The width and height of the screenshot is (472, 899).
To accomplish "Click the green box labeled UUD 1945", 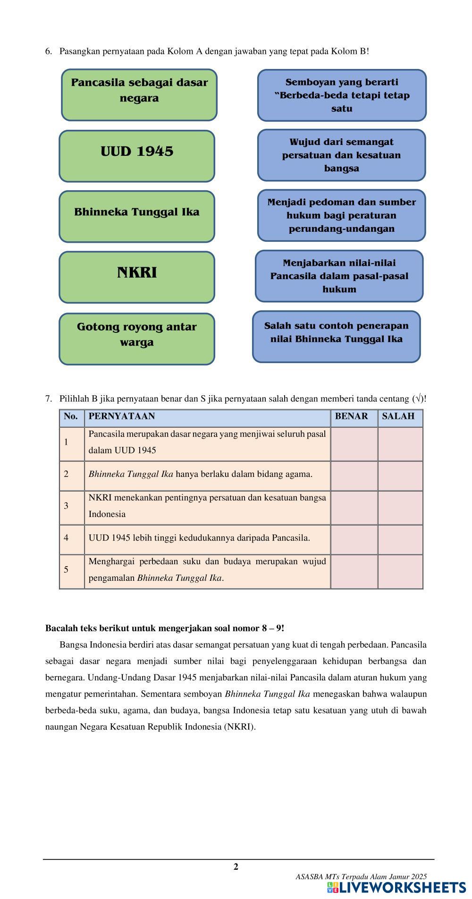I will coord(137,156).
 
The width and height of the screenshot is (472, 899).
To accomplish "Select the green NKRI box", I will coord(137,277).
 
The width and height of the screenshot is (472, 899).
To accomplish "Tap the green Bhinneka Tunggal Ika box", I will coord(137,216).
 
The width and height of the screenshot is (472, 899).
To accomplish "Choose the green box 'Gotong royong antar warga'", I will coord(137,339).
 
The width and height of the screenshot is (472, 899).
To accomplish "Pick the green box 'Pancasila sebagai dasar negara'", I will coord(139,94).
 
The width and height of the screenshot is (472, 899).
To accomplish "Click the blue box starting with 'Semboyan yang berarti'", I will coord(342,95).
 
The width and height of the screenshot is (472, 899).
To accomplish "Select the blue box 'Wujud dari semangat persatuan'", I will coord(341,155).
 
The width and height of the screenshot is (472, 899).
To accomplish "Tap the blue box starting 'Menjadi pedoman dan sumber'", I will coord(341,215).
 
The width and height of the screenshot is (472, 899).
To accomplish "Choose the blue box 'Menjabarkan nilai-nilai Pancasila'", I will coord(339,276).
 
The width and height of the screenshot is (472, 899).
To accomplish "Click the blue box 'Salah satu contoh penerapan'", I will coord(336,336).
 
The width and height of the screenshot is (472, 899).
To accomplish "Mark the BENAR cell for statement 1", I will coord(354,444).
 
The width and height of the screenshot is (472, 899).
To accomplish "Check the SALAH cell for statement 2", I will coord(400,476).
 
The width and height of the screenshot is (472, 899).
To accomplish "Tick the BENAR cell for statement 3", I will coord(354,508).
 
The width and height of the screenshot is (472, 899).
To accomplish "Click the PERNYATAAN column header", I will coord(122,416).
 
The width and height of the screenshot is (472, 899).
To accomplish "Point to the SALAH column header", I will coord(398,416).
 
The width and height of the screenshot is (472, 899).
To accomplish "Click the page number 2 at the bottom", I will coord(236,866).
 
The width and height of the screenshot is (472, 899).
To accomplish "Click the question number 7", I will coord(49,399).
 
